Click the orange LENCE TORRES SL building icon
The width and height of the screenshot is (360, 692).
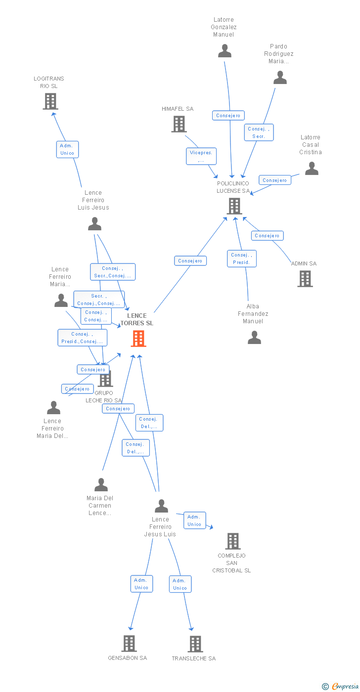138,339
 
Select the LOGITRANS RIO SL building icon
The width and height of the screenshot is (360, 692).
50,101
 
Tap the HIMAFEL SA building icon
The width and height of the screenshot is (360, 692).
179,124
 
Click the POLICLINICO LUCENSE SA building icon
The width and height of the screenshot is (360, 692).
234,206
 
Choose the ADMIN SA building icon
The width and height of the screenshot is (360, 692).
305,279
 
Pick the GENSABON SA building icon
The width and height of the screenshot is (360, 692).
129,644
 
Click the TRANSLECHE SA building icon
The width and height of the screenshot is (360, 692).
195,644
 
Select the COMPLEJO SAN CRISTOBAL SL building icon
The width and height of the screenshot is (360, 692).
233,541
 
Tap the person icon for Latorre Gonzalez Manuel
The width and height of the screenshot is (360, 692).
225,51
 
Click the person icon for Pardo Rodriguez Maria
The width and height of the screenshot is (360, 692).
280,78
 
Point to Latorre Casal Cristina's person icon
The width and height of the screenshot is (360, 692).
312,169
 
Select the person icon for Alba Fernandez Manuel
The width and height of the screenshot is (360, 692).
254,338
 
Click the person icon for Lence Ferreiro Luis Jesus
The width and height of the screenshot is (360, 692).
94,224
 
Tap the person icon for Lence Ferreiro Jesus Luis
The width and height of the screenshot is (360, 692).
161,506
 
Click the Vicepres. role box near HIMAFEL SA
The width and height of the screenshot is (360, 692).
201,156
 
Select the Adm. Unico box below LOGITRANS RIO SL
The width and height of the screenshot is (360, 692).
67,149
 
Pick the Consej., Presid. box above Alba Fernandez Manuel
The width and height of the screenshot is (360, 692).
241,259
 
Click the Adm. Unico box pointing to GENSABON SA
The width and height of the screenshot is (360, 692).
141,584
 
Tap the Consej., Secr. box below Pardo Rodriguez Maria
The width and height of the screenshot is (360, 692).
258,132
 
